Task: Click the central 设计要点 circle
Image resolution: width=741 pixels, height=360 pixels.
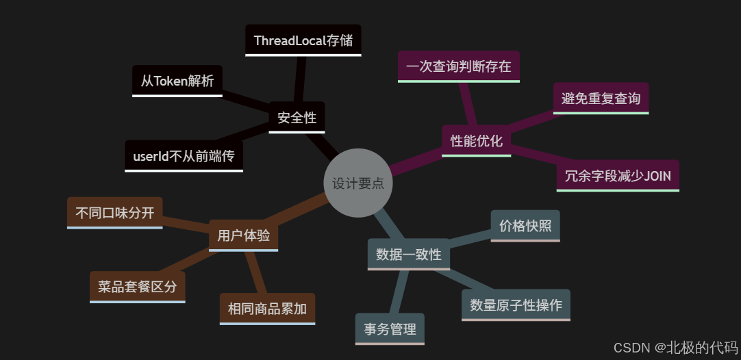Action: tap(357, 183)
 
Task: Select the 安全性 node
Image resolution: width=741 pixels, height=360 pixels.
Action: tap(297, 117)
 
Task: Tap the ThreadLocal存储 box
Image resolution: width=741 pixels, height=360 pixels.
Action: tap(303, 40)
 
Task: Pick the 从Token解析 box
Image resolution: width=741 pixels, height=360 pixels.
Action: tap(177, 81)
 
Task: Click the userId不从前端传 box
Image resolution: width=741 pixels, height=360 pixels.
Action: tap(184, 156)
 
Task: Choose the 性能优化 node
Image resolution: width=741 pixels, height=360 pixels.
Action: tap(476, 141)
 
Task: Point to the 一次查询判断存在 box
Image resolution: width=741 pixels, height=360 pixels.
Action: tap(458, 66)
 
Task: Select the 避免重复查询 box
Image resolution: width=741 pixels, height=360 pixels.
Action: tap(601, 99)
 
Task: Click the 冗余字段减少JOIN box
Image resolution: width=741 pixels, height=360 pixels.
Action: tap(618, 175)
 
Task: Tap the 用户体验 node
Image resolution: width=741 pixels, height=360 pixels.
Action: tap(243, 235)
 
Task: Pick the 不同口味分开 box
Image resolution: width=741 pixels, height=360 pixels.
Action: tap(115, 212)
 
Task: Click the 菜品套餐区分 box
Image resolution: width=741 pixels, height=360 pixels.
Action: tap(137, 287)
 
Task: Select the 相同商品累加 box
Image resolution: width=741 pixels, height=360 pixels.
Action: tap(267, 308)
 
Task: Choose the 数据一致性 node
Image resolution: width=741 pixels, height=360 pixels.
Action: tap(408, 254)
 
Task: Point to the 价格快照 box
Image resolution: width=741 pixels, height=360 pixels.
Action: tap(525, 225)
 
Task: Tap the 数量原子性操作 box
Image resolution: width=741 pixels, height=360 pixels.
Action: tap(516, 305)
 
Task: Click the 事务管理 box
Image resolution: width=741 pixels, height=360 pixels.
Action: tap(390, 329)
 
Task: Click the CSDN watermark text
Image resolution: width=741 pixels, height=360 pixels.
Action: tap(675, 347)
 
